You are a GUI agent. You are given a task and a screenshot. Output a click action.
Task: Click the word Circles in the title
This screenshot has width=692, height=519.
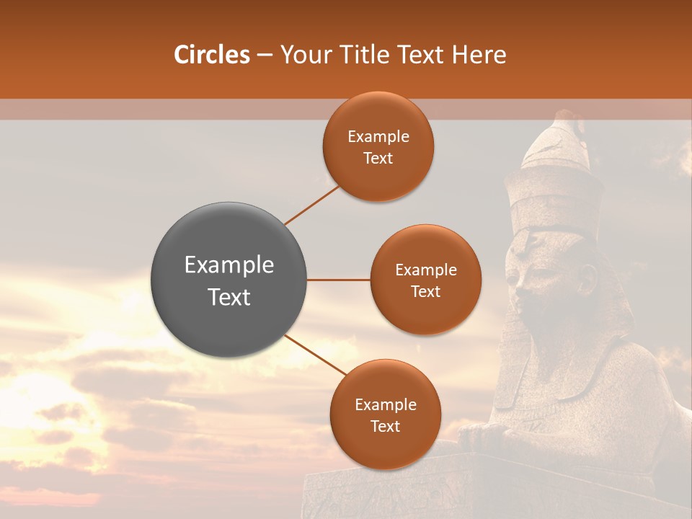click(212, 55)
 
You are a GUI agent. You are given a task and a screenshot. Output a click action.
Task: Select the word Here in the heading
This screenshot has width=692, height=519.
click(479, 55)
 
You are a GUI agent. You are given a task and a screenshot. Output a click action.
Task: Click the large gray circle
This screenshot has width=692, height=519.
click(229, 280)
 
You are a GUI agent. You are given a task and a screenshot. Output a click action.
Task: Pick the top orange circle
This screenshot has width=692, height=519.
click(378, 146)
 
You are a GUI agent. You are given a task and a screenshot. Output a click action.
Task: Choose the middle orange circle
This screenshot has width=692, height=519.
click(426, 280)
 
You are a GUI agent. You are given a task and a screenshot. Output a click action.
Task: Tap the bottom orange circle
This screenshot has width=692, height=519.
click(385, 414)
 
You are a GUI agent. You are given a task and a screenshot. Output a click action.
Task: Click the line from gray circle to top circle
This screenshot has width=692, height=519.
click(311, 205)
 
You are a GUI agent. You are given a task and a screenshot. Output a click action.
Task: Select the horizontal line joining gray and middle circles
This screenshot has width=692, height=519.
click(338, 280)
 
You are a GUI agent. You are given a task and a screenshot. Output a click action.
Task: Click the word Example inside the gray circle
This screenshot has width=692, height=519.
click(229, 265)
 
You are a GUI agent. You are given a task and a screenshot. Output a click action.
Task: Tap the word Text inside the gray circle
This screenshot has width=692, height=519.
click(229, 297)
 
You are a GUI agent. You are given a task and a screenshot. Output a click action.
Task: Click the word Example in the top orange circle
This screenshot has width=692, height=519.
click(378, 137)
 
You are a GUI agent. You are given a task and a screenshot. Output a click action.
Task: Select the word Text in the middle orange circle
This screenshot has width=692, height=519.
click(426, 291)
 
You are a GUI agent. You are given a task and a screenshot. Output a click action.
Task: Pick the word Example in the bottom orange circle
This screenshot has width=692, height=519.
click(386, 405)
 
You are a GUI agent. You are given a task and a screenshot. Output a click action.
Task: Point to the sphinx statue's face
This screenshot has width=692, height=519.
click(530, 274)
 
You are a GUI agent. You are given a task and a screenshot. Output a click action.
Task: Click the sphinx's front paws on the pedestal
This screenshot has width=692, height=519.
click(490, 437)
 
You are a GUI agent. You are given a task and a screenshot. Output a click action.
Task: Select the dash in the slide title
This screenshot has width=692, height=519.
click(265, 56)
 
